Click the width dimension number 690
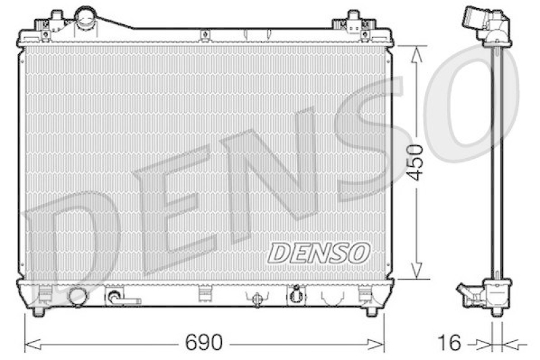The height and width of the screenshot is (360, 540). click(x=203, y=342)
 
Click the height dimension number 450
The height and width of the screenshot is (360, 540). click(x=416, y=162)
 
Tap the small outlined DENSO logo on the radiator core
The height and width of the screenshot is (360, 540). click(x=319, y=253)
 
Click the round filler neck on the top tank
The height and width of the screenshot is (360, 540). click(x=86, y=16)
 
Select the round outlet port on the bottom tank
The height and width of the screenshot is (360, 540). click(x=78, y=296)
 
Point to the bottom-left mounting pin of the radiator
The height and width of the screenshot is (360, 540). click(x=38, y=312)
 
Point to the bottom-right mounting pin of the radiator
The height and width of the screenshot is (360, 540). click(x=371, y=312)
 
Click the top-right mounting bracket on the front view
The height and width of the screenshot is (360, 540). click(x=354, y=23)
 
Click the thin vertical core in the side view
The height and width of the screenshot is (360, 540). click(x=498, y=162)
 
